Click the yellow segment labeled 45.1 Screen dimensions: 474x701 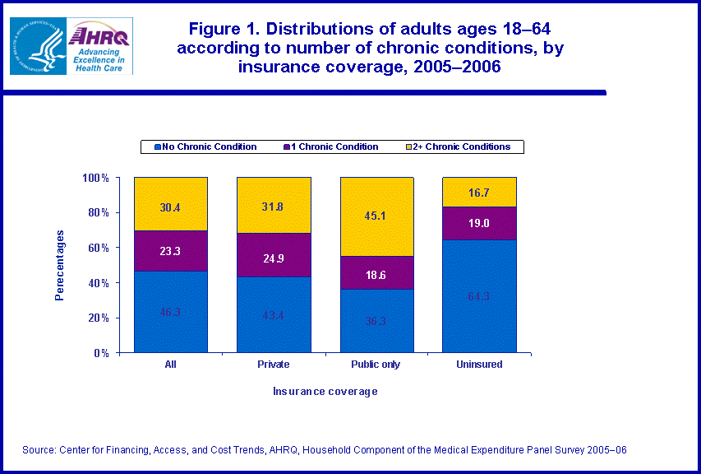[x=376, y=216]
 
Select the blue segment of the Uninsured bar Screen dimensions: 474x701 [x=479, y=296]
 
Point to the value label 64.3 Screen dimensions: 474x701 [x=479, y=296]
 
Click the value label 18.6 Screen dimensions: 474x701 [x=376, y=276]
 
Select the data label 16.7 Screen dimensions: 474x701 [x=479, y=193]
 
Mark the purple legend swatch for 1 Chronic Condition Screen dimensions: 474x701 [x=288, y=147]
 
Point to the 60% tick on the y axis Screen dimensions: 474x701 [x=97, y=248]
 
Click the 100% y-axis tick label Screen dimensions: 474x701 [x=95, y=178]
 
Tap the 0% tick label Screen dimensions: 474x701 [x=100, y=353]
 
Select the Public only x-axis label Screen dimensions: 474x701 [x=376, y=364]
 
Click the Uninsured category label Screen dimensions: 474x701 [x=479, y=364]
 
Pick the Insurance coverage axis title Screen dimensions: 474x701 [x=325, y=392]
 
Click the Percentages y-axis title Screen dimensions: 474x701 [x=60, y=265]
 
